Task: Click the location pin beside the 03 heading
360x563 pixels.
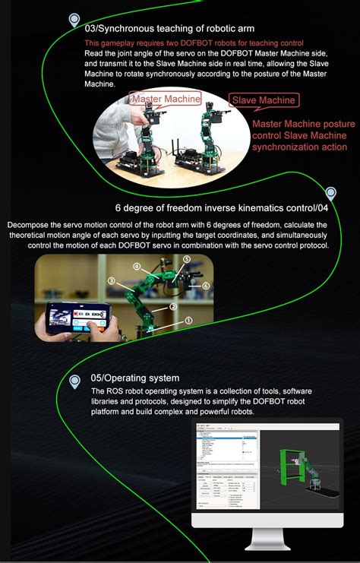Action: (x=74, y=20)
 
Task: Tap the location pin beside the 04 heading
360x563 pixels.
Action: (x=330, y=194)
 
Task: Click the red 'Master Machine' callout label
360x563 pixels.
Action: (x=166, y=99)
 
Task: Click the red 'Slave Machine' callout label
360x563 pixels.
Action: (x=264, y=100)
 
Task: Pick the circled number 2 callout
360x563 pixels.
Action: (x=173, y=306)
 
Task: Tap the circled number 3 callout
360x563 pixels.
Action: (x=111, y=281)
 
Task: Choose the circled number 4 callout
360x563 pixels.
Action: (x=137, y=267)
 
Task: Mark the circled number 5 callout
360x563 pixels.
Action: (x=186, y=259)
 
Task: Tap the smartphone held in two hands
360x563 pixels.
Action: (x=76, y=317)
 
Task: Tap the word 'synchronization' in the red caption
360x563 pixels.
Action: (x=286, y=147)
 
